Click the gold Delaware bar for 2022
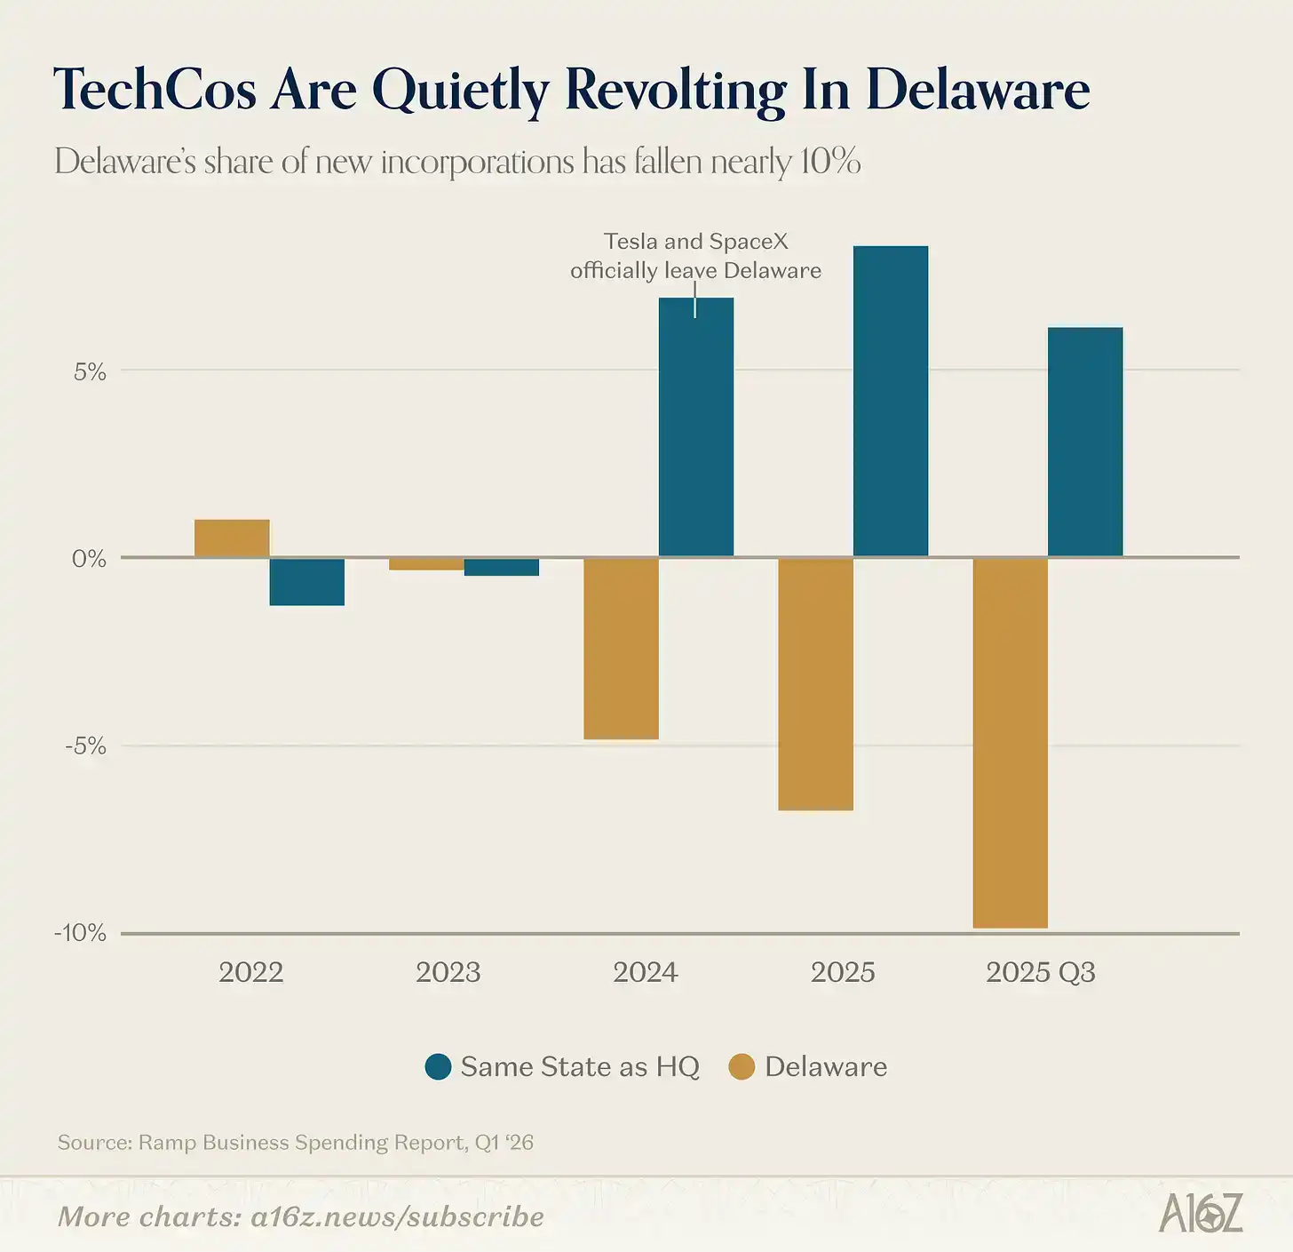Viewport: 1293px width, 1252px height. tap(232, 538)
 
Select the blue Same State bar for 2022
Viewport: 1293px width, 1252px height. tap(306, 582)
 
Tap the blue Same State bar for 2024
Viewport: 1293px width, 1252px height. tap(696, 427)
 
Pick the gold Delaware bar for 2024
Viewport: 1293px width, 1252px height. tap(621, 649)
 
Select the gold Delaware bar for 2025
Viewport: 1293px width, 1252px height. tap(815, 684)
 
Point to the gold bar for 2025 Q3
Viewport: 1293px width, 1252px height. tap(1010, 743)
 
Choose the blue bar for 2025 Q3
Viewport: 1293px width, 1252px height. tap(1085, 443)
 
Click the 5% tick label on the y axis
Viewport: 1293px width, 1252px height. tap(90, 372)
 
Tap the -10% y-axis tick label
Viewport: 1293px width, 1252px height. tap(80, 933)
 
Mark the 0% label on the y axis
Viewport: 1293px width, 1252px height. tap(89, 559)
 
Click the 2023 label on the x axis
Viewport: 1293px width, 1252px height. tap(448, 972)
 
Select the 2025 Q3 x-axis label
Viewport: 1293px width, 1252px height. tap(1040, 972)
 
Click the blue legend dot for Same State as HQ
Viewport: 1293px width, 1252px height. tap(439, 1066)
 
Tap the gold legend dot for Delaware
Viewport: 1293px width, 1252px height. tap(742, 1066)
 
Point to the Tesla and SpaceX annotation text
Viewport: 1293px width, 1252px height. tap(695, 256)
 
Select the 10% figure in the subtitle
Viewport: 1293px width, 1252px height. tap(829, 162)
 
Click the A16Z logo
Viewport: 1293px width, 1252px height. tap(1201, 1214)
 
